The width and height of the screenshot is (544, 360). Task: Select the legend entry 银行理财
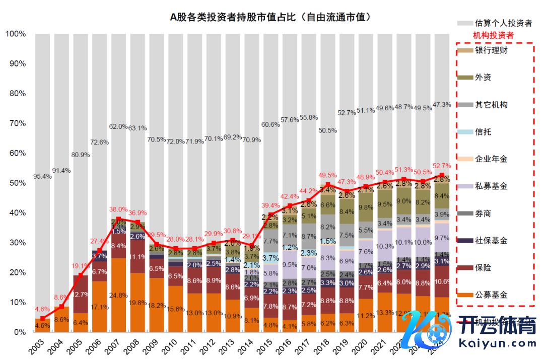[x=491, y=50]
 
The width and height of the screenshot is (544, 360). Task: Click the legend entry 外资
[x=483, y=78]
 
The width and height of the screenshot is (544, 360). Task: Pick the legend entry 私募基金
[x=491, y=186]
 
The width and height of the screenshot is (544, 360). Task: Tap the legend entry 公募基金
[x=491, y=295]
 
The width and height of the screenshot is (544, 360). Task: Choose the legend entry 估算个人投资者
[x=503, y=23]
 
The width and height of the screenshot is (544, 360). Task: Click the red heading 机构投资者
[x=493, y=36]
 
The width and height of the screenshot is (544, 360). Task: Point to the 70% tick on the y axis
[x=16, y=123]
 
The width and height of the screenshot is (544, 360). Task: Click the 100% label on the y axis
[x=15, y=34]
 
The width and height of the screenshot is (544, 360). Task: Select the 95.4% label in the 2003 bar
[x=42, y=177]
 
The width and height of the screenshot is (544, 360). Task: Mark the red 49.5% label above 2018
[x=327, y=175]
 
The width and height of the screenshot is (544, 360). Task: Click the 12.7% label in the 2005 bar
[x=81, y=294]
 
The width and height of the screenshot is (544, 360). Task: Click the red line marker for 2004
[x=61, y=307]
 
